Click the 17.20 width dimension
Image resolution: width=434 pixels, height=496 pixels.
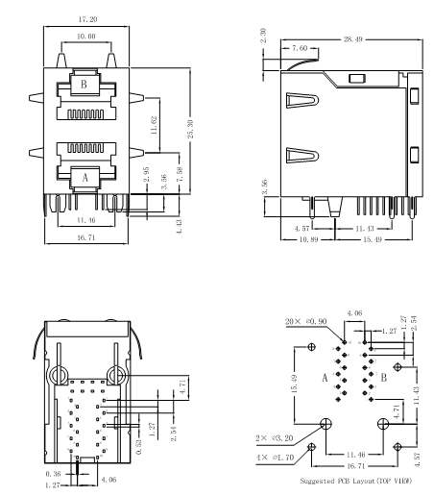click(87, 19)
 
